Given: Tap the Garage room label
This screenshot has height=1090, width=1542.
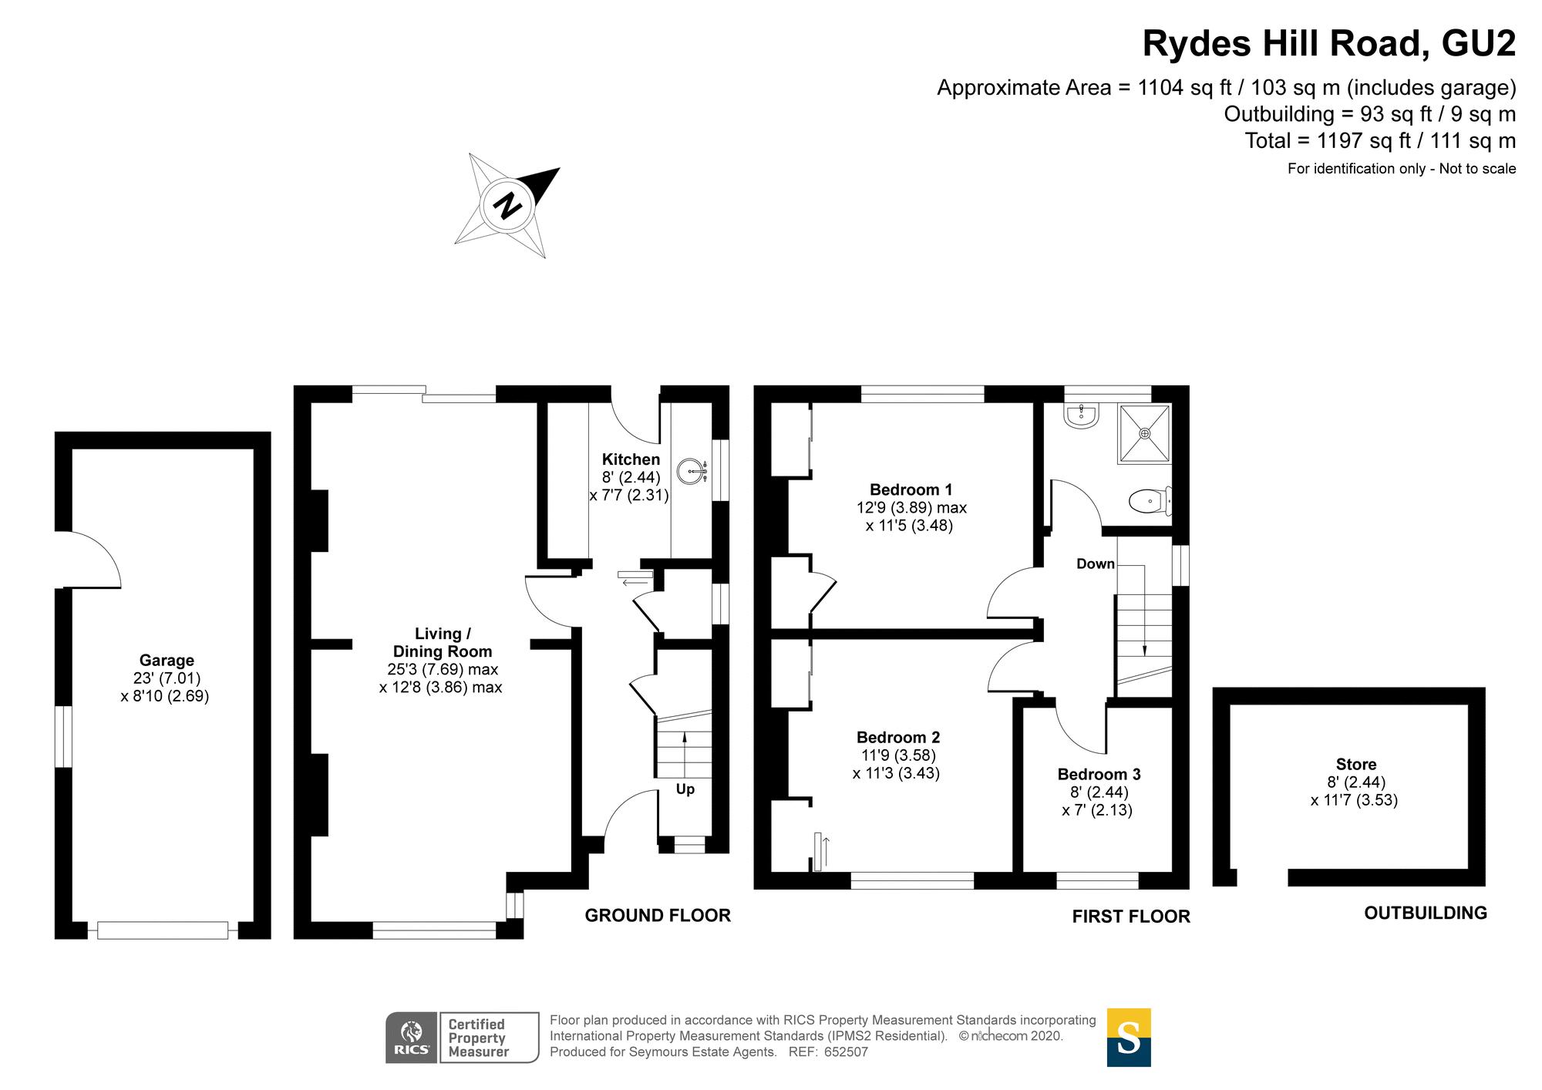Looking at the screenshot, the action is pos(167,661).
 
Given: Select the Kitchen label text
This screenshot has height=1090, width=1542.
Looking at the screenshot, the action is pos(631,459).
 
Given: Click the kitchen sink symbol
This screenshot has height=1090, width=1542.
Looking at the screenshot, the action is pos(692,470).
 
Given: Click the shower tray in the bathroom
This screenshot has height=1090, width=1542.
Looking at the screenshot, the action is pos(1144,433).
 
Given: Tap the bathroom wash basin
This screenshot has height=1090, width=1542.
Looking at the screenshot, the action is pos(1080,415).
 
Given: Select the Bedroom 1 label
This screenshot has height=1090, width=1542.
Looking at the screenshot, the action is pos(911,489).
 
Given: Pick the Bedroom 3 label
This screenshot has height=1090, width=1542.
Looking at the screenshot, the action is pos(1099,774).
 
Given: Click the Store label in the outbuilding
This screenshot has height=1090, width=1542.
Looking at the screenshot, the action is pos(1356,764).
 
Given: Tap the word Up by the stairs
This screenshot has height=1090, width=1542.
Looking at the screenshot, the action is pos(685,789).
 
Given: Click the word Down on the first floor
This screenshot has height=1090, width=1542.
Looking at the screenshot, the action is pos(1096,564).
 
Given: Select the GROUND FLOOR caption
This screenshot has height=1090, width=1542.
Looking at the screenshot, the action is pos(658,915).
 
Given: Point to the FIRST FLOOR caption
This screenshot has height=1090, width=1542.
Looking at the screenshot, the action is pos(1131,916).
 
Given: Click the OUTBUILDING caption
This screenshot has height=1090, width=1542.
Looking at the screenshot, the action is pos(1426,913).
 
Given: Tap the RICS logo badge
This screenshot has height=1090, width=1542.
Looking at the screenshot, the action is pos(412,1038).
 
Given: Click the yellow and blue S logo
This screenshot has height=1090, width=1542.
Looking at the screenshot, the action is pos(1129,1038).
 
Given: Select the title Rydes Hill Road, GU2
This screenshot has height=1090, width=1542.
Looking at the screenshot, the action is pos(1328,43).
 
